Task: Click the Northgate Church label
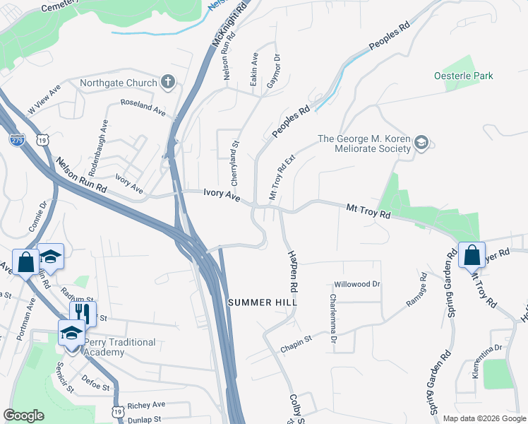[x=117, y=83]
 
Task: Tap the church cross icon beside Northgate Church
[x=167, y=83]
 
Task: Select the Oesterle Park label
[x=464, y=76]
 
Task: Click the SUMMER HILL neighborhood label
[x=262, y=302]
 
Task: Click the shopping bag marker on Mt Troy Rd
[x=471, y=254]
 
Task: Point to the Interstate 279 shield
[x=18, y=140]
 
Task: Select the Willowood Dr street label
[x=357, y=284]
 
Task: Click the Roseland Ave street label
[x=143, y=107]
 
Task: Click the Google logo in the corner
[x=24, y=415]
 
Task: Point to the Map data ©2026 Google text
[x=484, y=418]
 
